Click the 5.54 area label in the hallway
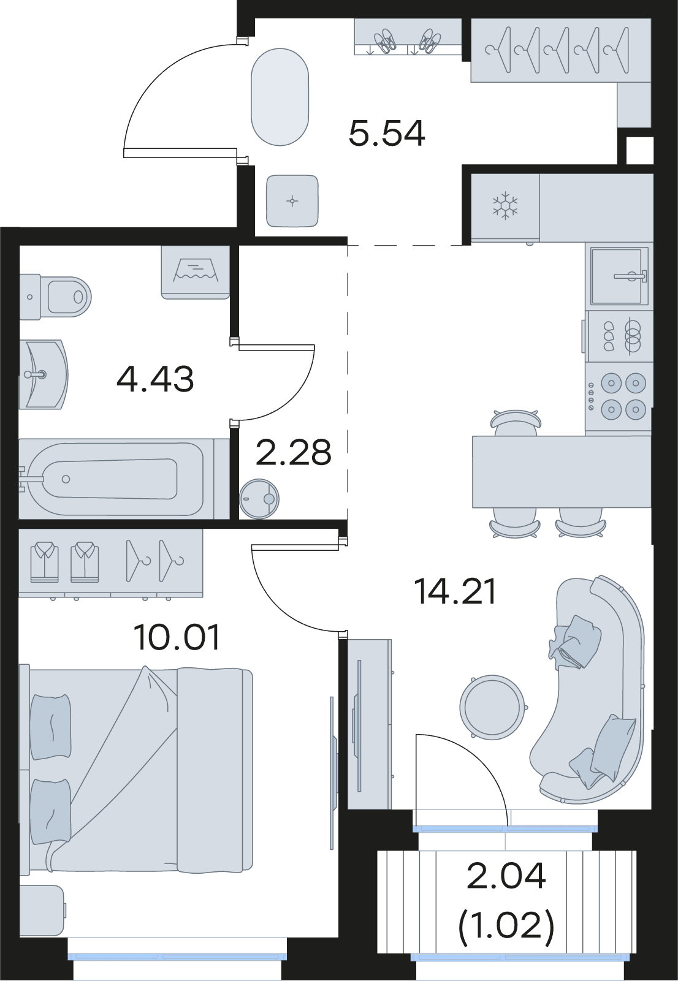tap(387, 134)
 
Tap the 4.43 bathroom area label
tap(155, 379)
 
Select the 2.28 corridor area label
tap(293, 452)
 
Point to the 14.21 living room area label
tap(455, 591)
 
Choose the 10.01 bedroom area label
tap(177, 637)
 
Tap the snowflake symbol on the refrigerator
tap(505, 205)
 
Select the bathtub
tap(116, 479)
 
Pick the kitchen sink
tap(619, 276)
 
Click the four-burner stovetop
tap(619, 397)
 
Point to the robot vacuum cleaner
tap(259, 499)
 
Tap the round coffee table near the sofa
tap(493, 707)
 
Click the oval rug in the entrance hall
tap(280, 97)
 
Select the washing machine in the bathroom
tap(196, 272)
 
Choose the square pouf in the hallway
tap(292, 201)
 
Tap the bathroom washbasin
tap(44, 374)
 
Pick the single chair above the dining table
tap(516, 422)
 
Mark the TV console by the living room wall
tap(370, 724)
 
